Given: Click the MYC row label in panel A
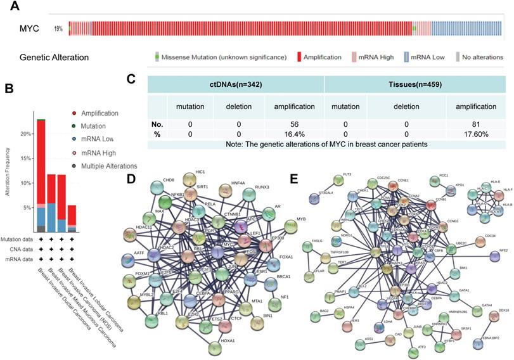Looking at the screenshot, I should click(30, 29).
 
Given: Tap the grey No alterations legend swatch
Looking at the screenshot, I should click(455, 56).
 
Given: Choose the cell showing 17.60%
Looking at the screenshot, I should click(470, 134).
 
